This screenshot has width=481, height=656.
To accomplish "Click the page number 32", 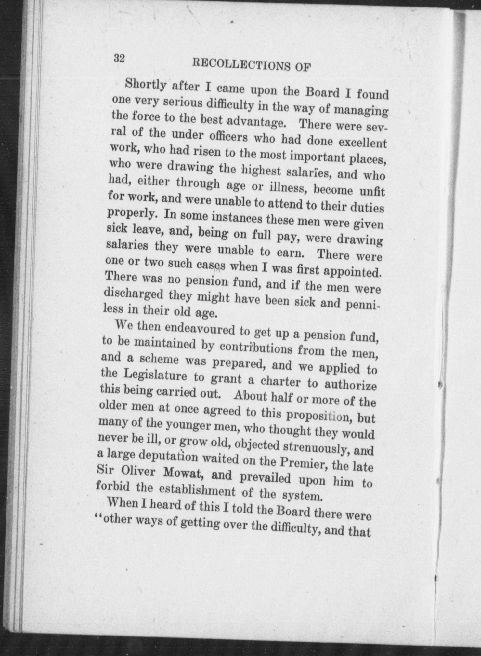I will pos(119,58).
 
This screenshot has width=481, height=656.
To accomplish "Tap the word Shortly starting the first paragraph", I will pos(146,85).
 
